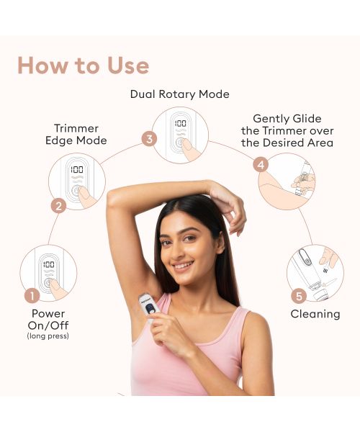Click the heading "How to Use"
click(x=84, y=66)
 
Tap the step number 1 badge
click(x=32, y=295)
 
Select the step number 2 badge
click(x=60, y=205)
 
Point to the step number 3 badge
click(x=149, y=138)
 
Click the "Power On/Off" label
click(x=48, y=319)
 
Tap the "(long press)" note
click(x=48, y=336)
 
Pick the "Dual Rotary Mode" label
click(x=180, y=94)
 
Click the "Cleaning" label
click(x=315, y=314)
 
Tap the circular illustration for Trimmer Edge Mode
click(x=77, y=181)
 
